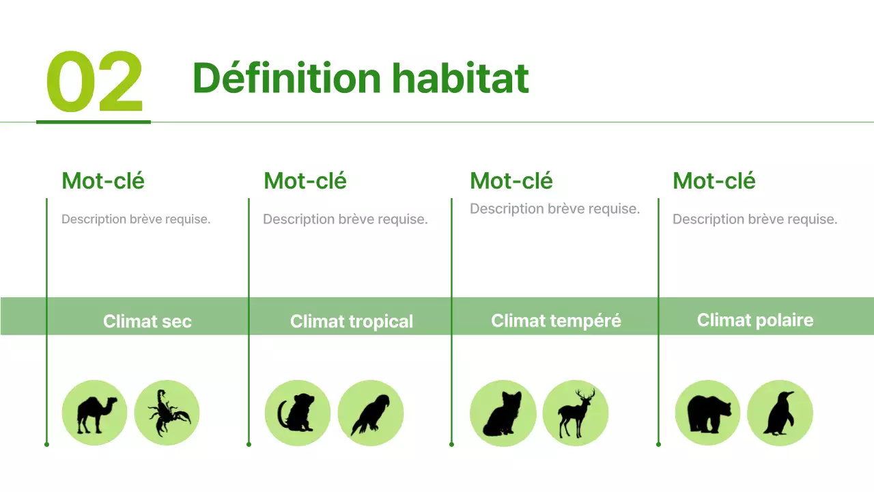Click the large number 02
click(94, 82)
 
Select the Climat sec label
click(147, 321)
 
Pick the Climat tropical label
click(352, 321)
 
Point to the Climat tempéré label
click(556, 320)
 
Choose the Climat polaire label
click(755, 320)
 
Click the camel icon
click(94, 413)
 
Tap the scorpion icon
click(167, 413)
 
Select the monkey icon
click(297, 413)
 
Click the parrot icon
click(370, 413)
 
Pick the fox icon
click(503, 413)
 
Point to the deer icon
click(575, 413)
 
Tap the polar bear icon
click(707, 413)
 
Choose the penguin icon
click(780, 413)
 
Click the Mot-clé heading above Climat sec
click(103, 181)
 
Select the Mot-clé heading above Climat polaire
click(714, 181)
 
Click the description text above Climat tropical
click(346, 219)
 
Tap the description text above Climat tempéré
click(555, 209)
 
